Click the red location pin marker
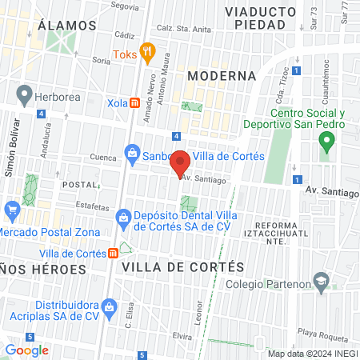pos(181,163)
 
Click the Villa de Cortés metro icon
pos(114,253)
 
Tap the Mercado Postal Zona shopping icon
pos(11,212)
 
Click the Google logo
pos(27,350)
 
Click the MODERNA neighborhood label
pos(222,76)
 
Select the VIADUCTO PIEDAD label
pos(255,18)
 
